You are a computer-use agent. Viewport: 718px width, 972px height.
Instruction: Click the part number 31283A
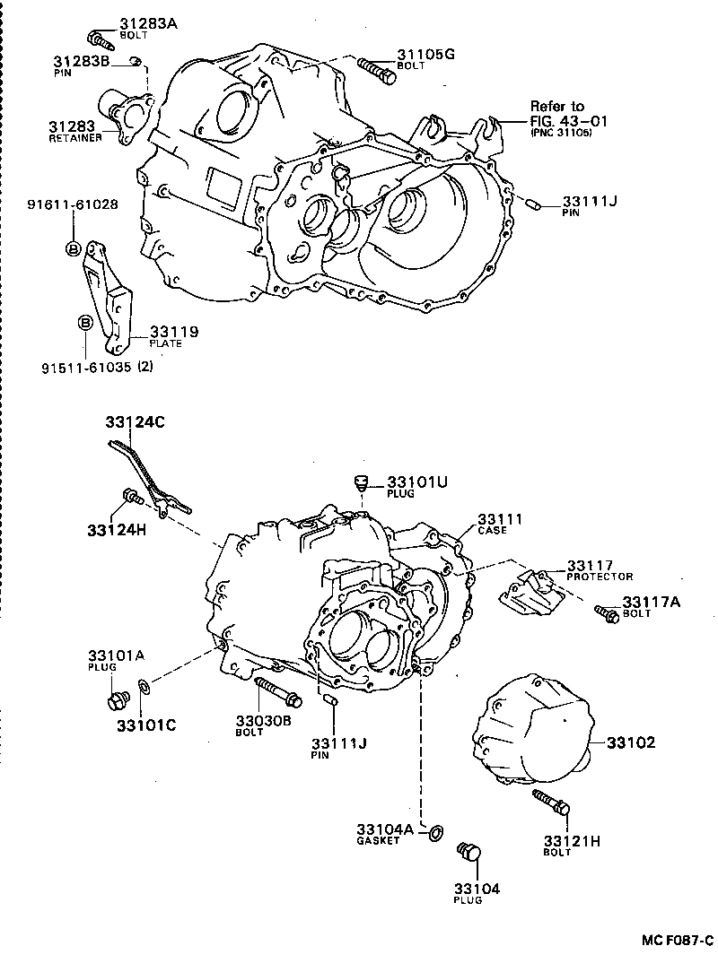[148, 24]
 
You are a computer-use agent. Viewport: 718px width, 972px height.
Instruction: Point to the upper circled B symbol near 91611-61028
[73, 247]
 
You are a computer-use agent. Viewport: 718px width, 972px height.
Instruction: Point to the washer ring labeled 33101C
[144, 688]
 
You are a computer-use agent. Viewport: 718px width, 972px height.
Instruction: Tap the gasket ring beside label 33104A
[433, 833]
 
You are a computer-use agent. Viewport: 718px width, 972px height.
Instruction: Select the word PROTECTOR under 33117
[600, 577]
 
